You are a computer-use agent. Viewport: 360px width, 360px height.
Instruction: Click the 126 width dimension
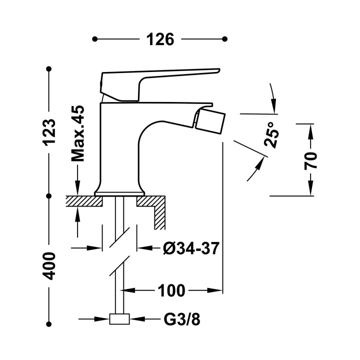[x=160, y=39]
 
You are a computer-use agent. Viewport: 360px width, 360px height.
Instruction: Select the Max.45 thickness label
[x=78, y=133]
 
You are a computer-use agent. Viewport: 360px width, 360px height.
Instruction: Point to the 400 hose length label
[x=49, y=266]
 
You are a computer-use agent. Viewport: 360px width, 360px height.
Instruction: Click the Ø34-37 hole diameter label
[x=191, y=248]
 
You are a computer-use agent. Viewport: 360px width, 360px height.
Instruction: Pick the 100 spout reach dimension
[x=171, y=290]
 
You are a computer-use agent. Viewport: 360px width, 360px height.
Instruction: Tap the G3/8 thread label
[x=182, y=319]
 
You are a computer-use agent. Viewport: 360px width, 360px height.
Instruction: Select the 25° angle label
[x=271, y=134]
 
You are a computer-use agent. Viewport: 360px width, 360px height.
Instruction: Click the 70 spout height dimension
[x=310, y=160]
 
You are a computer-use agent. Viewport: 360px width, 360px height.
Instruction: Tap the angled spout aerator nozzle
[x=210, y=121]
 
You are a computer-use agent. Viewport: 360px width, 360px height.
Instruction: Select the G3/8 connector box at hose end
[x=119, y=319]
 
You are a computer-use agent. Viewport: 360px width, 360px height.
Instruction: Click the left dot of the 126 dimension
[x=94, y=39]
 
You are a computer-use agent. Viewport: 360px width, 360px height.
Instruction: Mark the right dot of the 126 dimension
[x=225, y=39]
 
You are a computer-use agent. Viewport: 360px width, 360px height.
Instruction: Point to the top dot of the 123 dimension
[x=48, y=69]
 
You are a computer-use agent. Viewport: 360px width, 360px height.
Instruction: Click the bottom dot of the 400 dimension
[x=48, y=324]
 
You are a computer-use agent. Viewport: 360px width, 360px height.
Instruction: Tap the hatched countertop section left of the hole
[x=84, y=201]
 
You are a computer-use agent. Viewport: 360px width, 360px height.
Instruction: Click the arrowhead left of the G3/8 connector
[x=102, y=319]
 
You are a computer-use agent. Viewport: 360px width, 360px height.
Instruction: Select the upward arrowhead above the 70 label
[x=310, y=131]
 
